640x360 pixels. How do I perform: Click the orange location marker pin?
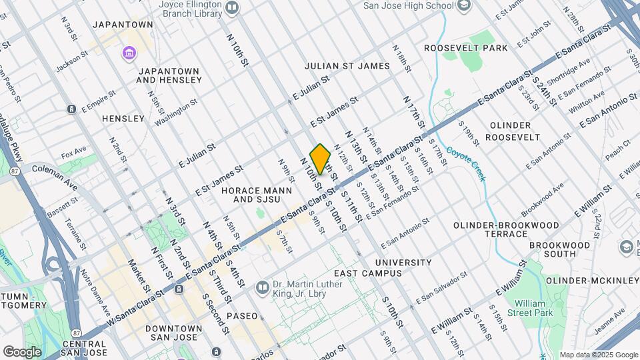point(320,159)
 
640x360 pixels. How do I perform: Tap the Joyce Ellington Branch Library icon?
point(232,7)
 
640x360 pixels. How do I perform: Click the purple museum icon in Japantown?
point(127,52)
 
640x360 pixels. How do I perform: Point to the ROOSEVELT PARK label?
point(466,48)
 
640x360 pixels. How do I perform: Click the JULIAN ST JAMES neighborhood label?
point(347,66)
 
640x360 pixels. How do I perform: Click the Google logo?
point(22,351)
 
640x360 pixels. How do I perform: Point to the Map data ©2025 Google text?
point(598,355)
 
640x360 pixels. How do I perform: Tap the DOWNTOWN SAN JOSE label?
point(174,333)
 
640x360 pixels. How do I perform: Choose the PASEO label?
point(241,315)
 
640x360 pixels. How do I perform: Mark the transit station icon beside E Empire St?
point(71,109)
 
